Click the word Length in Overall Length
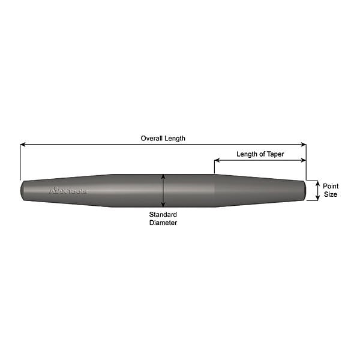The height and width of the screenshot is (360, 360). [x=176, y=138]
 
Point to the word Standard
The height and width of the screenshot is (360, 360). [x=163, y=214]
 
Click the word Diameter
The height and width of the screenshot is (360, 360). [x=163, y=223]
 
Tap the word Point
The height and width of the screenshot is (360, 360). [x=331, y=186]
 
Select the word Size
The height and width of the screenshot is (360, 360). [x=331, y=194]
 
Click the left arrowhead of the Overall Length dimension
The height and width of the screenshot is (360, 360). [x=23, y=144]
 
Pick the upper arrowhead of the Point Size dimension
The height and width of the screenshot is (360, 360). [x=317, y=183]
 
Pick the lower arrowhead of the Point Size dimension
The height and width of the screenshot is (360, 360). [x=317, y=198]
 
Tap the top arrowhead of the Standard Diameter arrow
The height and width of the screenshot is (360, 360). [x=163, y=177]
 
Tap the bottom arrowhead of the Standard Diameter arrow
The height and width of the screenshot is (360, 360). [x=163, y=205]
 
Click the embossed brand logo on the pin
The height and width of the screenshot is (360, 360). [x=68, y=191]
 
